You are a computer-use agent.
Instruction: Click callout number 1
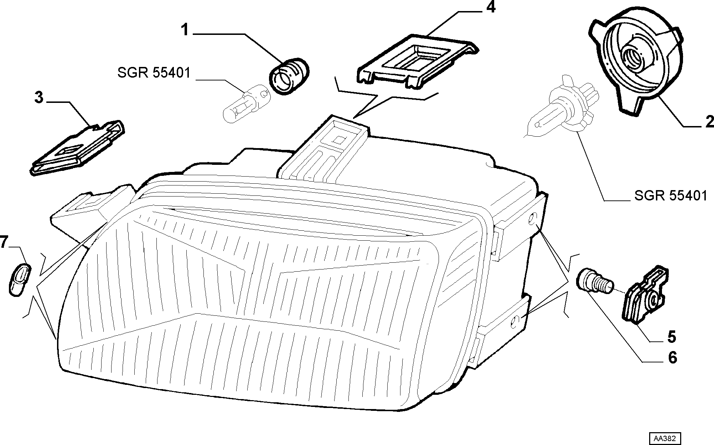click(185, 30)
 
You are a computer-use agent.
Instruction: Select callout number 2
click(709, 122)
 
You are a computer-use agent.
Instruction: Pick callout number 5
click(671, 337)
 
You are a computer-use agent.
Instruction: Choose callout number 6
click(672, 357)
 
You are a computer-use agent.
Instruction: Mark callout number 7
click(4, 243)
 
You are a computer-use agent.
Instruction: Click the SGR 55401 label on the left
click(154, 73)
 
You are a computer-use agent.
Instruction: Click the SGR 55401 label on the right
click(671, 195)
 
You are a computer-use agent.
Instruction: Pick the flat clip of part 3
click(77, 148)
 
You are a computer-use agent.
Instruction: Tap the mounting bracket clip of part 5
click(645, 295)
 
